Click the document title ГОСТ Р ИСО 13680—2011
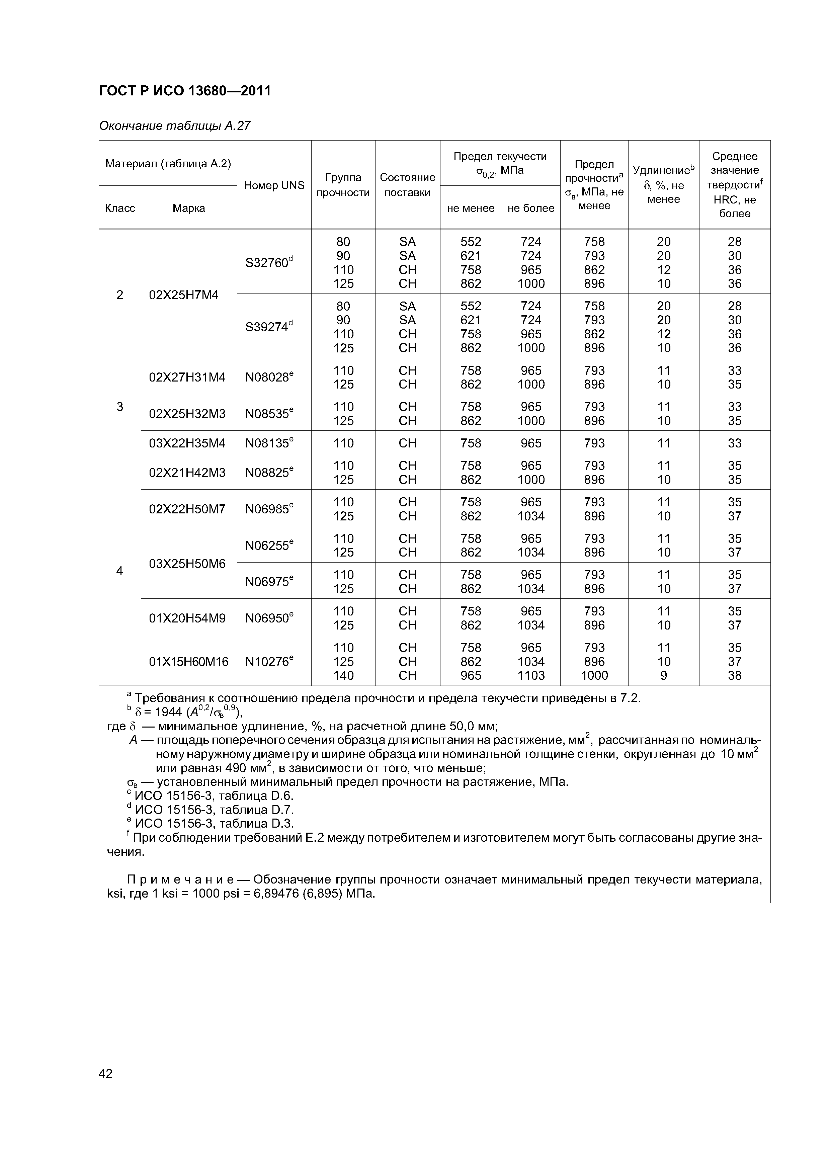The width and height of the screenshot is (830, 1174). (x=185, y=91)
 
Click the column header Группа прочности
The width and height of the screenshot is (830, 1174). (x=343, y=185)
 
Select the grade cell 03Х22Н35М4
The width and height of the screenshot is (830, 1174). (x=187, y=443)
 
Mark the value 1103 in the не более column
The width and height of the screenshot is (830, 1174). (x=531, y=675)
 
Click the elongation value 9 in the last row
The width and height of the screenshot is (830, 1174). (x=663, y=675)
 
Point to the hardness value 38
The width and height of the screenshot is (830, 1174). (x=734, y=675)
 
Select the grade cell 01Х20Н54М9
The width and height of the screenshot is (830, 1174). (x=187, y=618)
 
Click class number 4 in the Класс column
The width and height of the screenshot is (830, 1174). (x=120, y=570)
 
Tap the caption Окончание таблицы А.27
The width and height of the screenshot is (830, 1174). (x=174, y=126)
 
